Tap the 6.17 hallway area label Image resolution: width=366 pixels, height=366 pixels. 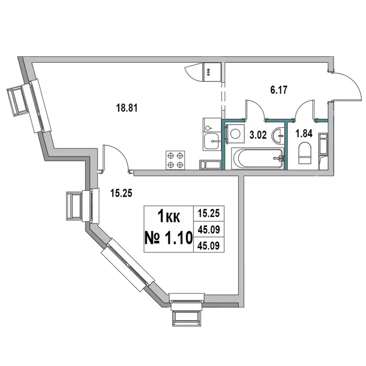tap(279, 89)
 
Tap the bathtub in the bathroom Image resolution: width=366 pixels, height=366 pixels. tap(257, 157)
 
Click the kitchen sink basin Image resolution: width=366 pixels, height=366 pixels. tap(211, 140)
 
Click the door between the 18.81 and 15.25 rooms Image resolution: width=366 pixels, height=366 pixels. tap(114, 157)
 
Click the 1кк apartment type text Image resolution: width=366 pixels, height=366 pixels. tap(168, 217)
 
